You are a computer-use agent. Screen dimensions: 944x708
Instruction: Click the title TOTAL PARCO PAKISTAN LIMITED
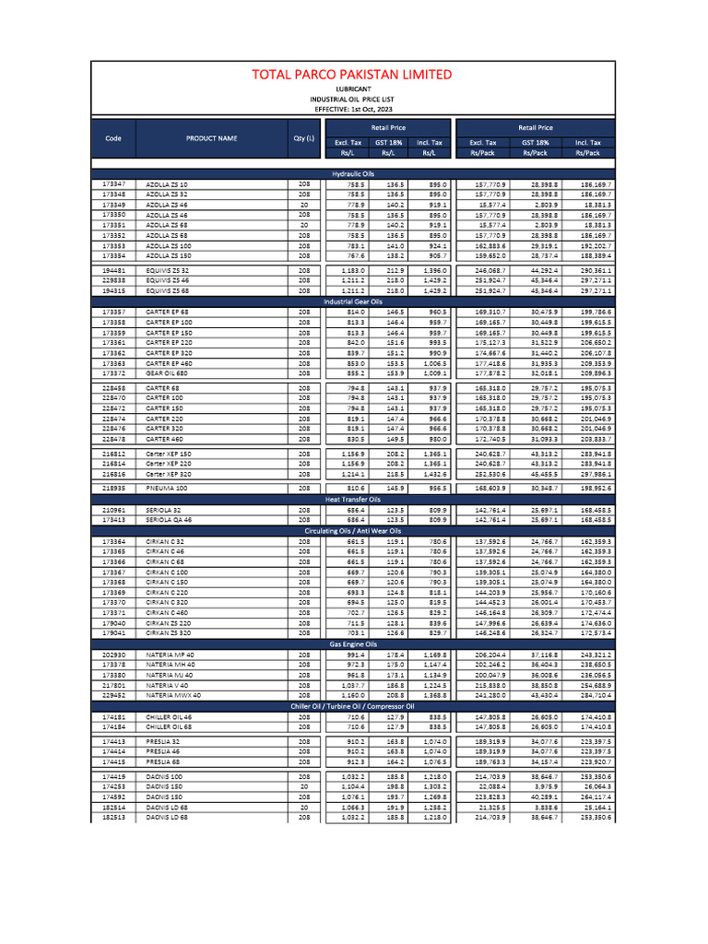pyautogui.click(x=354, y=74)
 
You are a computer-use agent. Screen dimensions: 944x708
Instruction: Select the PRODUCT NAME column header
pyautogui.click(x=211, y=138)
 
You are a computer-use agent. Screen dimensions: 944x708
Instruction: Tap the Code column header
pyautogui.click(x=113, y=138)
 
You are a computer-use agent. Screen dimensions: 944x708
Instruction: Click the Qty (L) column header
pyautogui.click(x=303, y=138)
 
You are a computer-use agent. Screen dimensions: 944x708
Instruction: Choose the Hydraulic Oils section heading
pyautogui.click(x=353, y=173)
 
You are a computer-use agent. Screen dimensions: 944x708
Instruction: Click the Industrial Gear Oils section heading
pyautogui.click(x=353, y=301)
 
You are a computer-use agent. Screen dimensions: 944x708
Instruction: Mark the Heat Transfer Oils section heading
pyautogui.click(x=353, y=498)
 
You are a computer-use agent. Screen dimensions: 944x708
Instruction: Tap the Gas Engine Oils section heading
pyautogui.click(x=353, y=643)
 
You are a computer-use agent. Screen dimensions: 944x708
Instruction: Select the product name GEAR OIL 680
pyautogui.click(x=167, y=373)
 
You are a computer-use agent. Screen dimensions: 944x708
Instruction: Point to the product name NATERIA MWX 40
pyautogui.click(x=173, y=695)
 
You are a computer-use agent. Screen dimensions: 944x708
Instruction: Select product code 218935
pyautogui.click(x=113, y=487)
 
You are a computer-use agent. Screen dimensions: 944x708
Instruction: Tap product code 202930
pyautogui.click(x=113, y=654)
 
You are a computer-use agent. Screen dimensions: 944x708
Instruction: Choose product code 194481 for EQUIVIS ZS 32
pyautogui.click(x=113, y=270)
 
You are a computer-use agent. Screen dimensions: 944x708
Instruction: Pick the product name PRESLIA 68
pyautogui.click(x=162, y=761)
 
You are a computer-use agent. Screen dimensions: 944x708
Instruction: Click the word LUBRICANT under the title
pyautogui.click(x=353, y=89)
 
